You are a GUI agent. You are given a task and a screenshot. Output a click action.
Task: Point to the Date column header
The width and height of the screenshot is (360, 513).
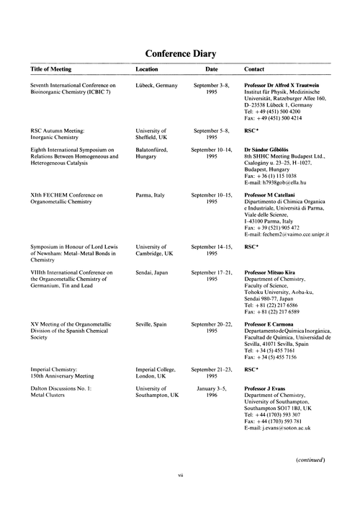(x=212, y=71)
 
